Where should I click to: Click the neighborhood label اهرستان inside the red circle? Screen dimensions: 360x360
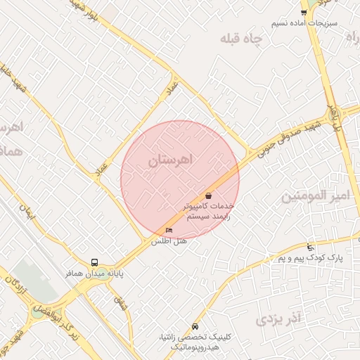point(169,161)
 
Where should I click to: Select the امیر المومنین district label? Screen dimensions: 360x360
point(316,196)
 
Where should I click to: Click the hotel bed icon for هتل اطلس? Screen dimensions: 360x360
point(168,230)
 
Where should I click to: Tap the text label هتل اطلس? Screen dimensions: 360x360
point(169,241)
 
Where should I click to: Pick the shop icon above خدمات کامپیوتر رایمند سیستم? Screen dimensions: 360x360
point(208,195)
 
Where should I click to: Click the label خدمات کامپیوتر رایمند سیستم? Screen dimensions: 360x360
point(207,212)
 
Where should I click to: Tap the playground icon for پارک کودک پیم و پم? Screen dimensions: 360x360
point(311,247)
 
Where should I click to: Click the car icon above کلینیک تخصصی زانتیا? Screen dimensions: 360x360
point(195,327)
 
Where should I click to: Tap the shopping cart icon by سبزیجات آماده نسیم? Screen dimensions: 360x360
point(304,12)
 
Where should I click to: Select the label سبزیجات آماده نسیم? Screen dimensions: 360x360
point(305,22)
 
